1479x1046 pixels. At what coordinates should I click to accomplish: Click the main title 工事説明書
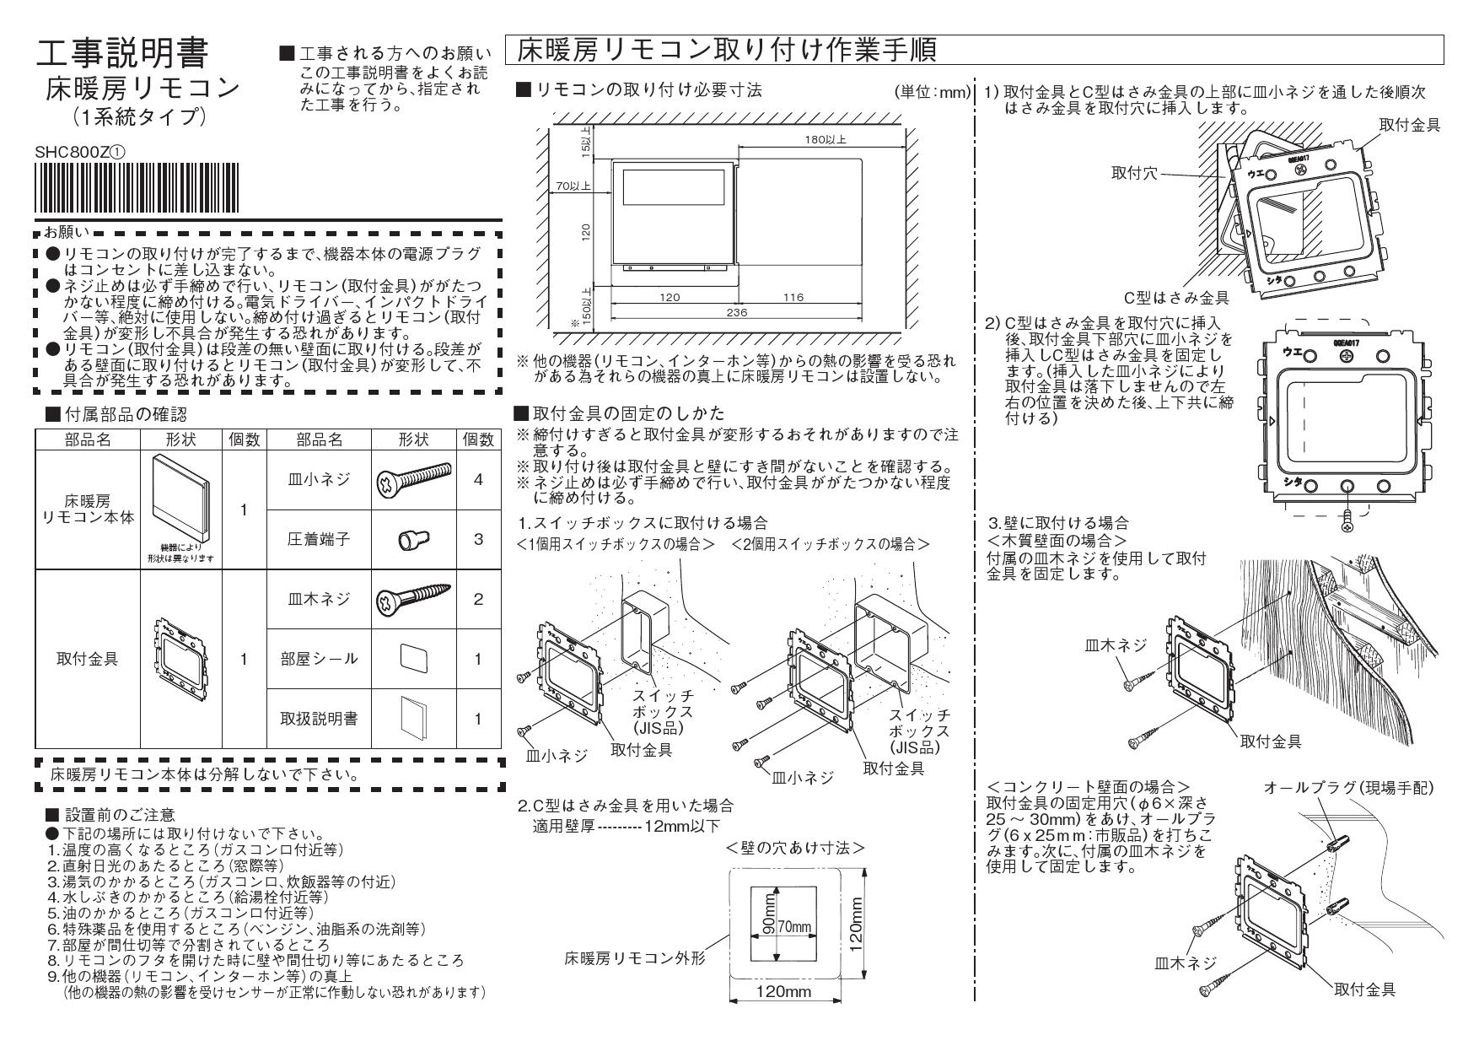133,54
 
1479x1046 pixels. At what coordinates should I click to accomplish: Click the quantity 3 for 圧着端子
478,538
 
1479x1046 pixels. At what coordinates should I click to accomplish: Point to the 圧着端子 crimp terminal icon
411,538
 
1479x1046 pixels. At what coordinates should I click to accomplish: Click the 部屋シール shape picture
413,658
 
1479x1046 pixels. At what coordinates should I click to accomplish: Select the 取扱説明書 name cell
319,719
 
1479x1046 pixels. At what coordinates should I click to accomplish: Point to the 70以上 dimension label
572,186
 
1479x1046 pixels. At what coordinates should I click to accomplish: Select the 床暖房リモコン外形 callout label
634,958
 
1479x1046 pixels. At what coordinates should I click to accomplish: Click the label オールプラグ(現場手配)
1348,788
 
